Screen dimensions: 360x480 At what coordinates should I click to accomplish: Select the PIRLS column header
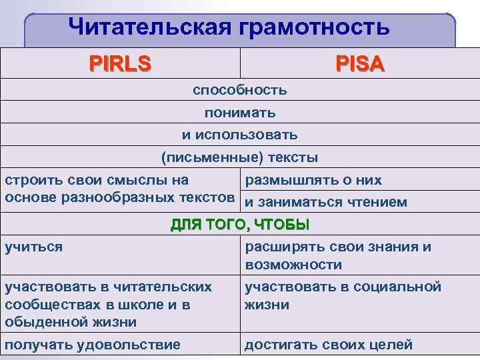[121, 64]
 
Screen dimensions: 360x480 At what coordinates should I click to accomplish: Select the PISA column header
[360, 64]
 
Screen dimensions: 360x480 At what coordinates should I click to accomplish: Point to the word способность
[240, 89]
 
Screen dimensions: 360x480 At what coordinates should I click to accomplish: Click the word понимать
[240, 113]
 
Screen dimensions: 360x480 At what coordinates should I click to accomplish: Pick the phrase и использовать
[240, 135]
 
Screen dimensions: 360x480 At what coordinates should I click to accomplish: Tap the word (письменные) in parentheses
[199, 158]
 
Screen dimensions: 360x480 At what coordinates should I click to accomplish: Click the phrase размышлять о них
[313, 179]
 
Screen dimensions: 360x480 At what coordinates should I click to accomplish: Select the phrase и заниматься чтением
[326, 201]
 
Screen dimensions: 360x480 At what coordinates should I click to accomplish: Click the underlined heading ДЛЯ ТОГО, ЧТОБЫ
[240, 224]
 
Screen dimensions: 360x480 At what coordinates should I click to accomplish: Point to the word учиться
[33, 247]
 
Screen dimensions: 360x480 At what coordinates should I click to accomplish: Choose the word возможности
[293, 265]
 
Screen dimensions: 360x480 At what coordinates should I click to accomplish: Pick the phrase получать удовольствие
[92, 345]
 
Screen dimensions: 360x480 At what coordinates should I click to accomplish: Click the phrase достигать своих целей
[329, 345]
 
